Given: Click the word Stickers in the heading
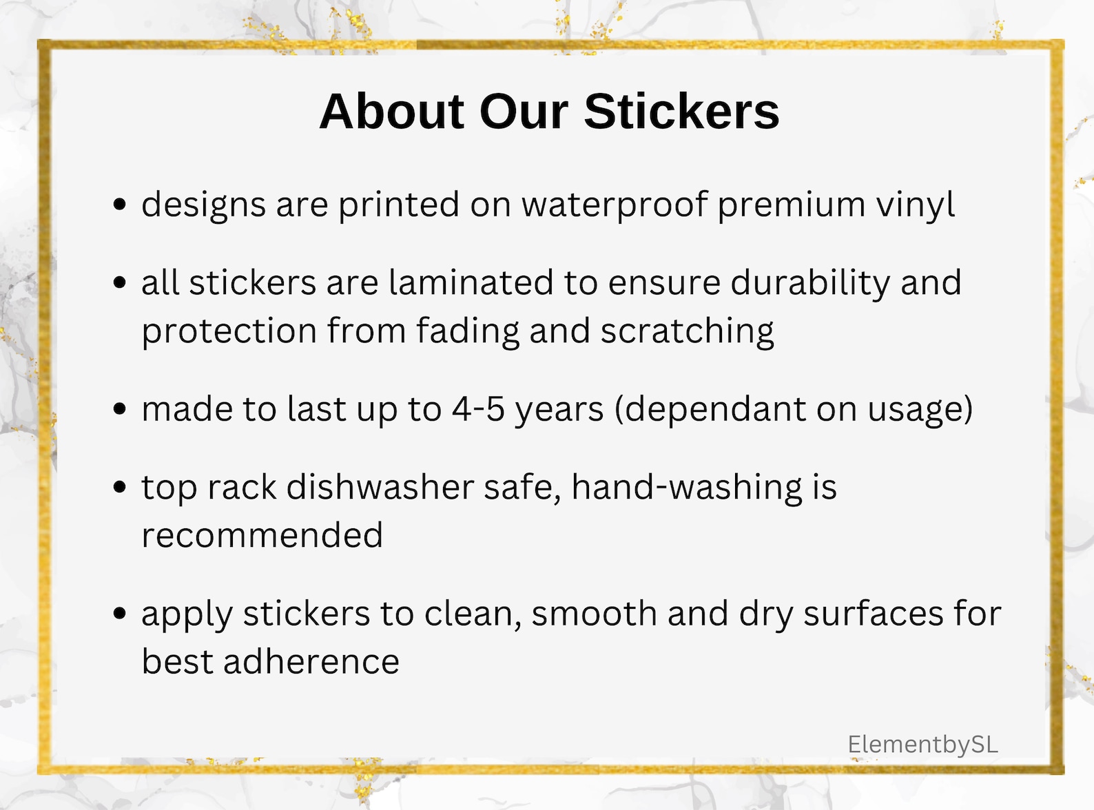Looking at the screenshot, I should point(681,112).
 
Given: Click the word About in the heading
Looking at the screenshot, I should point(392,112).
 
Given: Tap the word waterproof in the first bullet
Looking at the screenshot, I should point(614,205).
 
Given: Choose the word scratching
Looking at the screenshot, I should point(687,331).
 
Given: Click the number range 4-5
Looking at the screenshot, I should point(478,409).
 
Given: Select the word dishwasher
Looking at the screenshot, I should point(380,488).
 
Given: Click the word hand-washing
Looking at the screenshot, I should point(687,488).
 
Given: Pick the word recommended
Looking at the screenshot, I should point(262,536).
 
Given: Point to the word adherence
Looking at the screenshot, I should point(311,662).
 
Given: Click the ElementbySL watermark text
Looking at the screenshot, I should point(922,744).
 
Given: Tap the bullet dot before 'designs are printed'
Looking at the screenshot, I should point(120,205).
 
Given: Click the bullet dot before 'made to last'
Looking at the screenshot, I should point(120,409).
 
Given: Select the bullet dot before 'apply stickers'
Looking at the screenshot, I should point(120,613).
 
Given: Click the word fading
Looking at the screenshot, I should point(467,331).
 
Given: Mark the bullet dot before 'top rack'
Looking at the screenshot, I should point(120,487).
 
